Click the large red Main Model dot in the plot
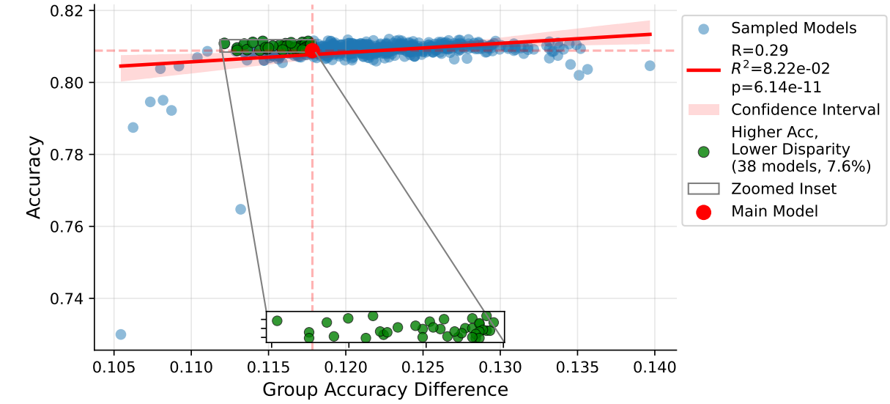point(312,51)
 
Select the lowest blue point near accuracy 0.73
point(121,334)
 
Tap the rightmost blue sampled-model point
point(650,66)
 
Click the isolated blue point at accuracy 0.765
point(240,209)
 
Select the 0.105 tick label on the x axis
point(114,366)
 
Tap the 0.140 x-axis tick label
point(654,366)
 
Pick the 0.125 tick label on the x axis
point(423,366)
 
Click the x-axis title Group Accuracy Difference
point(385,389)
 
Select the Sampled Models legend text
point(793,29)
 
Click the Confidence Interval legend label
point(806,110)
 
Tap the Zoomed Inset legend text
point(784,188)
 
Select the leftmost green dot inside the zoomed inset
point(277,320)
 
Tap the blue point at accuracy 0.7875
point(133,128)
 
